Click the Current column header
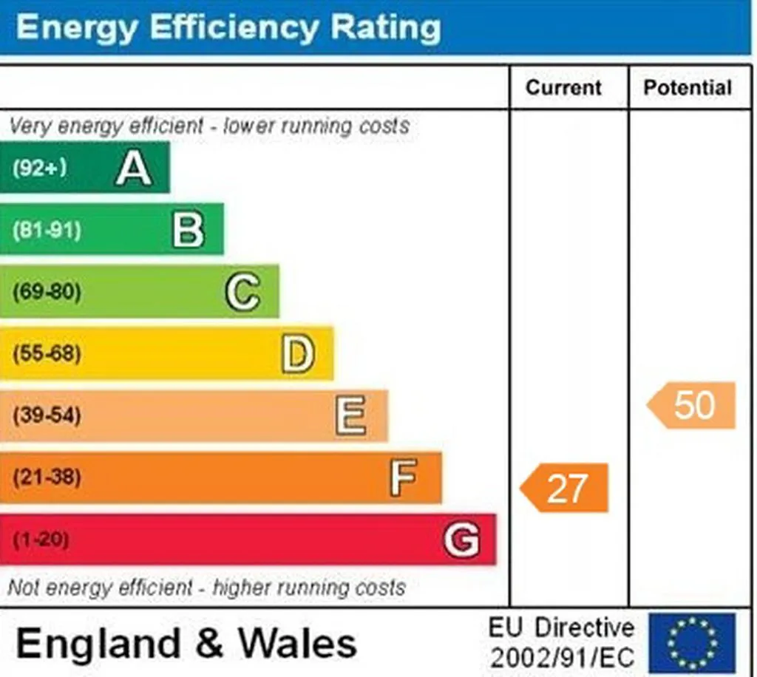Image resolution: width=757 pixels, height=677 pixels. click(x=563, y=88)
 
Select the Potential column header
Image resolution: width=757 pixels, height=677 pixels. click(x=688, y=88)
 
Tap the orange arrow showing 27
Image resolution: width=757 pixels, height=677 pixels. click(x=564, y=488)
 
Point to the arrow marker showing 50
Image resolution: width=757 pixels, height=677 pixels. click(x=691, y=405)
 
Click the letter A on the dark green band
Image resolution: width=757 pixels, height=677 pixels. click(x=134, y=168)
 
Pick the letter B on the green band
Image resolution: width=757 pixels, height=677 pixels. click(x=189, y=230)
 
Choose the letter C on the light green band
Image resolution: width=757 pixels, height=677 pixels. click(x=242, y=291)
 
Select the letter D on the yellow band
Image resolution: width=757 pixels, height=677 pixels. click(x=298, y=354)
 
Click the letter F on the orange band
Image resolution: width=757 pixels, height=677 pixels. click(x=403, y=477)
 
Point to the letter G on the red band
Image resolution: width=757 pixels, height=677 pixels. click(x=461, y=539)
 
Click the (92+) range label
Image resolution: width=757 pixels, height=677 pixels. click(x=40, y=169)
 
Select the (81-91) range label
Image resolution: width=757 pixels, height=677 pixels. click(x=47, y=230)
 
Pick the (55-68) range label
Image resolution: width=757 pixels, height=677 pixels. click(x=47, y=354)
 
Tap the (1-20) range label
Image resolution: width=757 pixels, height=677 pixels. click(x=41, y=539)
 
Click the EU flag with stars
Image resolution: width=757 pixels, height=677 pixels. click(x=692, y=643)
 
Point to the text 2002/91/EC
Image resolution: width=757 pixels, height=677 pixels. click(x=562, y=658)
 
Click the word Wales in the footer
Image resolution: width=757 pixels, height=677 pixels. click(x=298, y=643)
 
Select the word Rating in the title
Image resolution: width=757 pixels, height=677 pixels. click(x=385, y=27)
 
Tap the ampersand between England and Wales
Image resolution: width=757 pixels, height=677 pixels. click(x=209, y=643)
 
